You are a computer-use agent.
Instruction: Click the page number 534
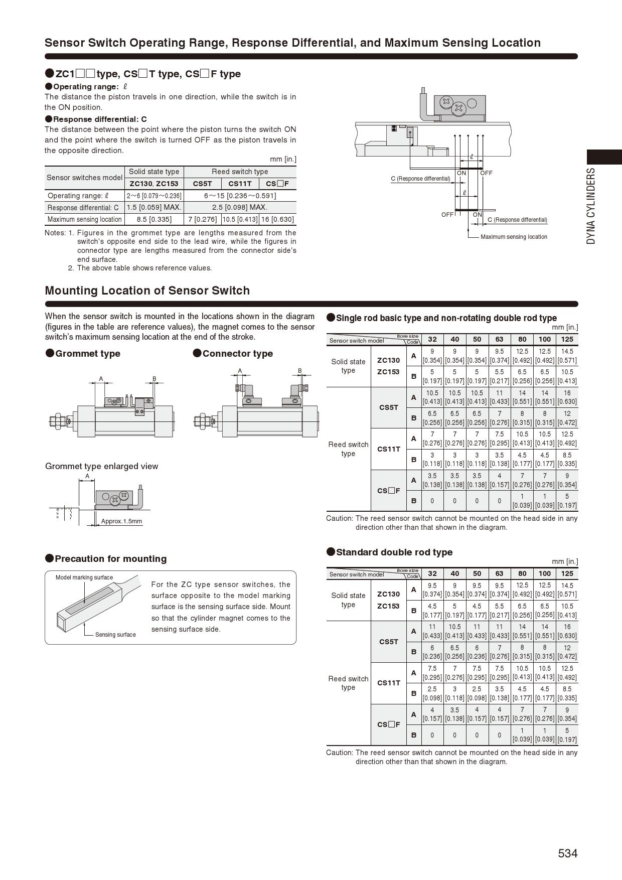pos(567,853)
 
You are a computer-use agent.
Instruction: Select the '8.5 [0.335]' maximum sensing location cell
pos(154,219)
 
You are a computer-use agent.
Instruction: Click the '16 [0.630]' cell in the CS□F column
pos(277,219)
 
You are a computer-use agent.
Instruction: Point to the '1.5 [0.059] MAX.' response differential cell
pos(154,207)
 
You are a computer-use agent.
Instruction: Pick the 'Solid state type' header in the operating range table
pos(154,172)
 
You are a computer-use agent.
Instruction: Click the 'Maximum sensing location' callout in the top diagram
pos(514,237)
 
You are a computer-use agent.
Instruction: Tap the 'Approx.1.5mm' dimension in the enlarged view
pos(121,521)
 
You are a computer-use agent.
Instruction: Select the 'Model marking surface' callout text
pos(84,577)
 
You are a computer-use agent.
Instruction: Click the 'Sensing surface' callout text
pos(115,635)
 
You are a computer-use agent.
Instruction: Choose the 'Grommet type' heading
pos(88,354)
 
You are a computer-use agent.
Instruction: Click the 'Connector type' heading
pos(237,354)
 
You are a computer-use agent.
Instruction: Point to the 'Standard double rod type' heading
pos(394,552)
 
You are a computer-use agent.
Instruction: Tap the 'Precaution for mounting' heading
pos(110,559)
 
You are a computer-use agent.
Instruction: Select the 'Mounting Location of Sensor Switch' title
pos(147,291)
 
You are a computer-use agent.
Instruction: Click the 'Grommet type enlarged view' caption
pos(101,466)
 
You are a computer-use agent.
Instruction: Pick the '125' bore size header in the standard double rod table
pos(567,573)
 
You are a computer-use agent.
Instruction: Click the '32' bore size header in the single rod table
pos(432,339)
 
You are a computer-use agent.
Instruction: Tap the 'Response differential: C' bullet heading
pos(100,119)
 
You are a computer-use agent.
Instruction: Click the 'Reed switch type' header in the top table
pos(240,172)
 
